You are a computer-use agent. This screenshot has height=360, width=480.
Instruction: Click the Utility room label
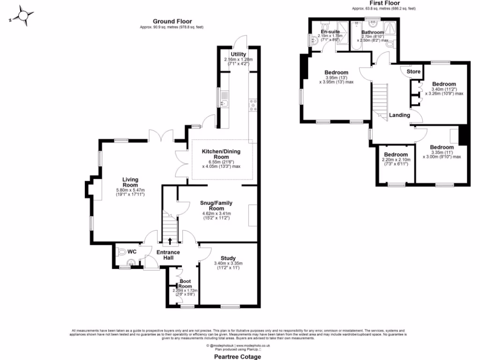[x=238, y=54]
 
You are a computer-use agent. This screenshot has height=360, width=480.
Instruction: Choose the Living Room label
[x=130, y=182]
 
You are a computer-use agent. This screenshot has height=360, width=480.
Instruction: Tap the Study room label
[x=228, y=258]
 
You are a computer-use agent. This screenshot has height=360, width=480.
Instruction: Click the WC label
[x=132, y=252]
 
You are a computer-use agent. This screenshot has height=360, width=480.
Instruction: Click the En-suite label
[x=330, y=31]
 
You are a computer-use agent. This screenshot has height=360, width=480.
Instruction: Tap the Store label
[x=413, y=72]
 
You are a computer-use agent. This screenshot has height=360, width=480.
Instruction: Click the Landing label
[x=400, y=115]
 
